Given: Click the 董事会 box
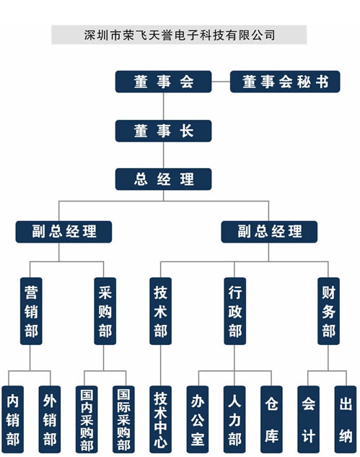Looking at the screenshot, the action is pos(163,82).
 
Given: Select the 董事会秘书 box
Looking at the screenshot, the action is pos(285,82).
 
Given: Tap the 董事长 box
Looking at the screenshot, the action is pos(163,131).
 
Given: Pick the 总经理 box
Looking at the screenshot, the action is pos(163,179).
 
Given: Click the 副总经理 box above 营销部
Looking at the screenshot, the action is pos(63,232).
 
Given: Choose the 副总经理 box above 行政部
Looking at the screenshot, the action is pos(269,232).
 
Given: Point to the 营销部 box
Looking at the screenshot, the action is pos(31,311).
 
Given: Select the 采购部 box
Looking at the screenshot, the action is pos(105,311).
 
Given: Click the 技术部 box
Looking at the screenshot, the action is pos(160,311).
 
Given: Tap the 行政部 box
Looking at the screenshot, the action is pos(234,311).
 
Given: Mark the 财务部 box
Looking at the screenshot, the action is pos(328,311).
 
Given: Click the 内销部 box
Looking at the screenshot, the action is pos(12,419).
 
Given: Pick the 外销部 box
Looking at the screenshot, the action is pos(50,419).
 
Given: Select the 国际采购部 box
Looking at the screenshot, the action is pos(123,419).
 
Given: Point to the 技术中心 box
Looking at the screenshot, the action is pos(160,419).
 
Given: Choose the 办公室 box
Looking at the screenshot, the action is pos(198,419).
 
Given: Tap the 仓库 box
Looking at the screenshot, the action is pos(271,419).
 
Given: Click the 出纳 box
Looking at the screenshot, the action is pos(346,419).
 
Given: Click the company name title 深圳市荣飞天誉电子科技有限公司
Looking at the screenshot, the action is pos(180,35).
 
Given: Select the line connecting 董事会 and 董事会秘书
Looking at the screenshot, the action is pos(221,82).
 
